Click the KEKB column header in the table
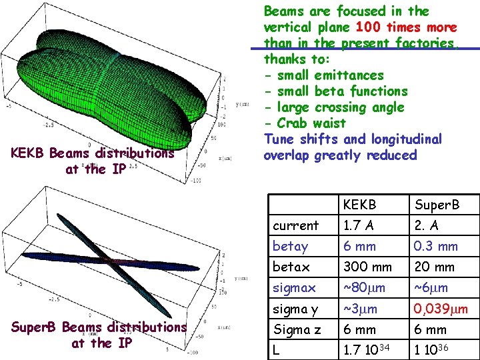[360, 205]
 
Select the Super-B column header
[436, 205]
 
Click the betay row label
[291, 246]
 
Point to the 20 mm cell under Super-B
[434, 267]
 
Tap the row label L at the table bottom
[277, 350]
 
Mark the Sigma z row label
[297, 329]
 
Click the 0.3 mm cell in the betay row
[436, 246]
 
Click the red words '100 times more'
[407, 27]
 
